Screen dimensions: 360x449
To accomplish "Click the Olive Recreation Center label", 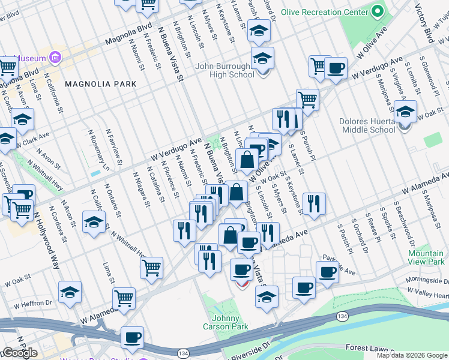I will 325,11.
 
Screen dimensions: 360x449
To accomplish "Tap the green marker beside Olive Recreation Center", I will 377,11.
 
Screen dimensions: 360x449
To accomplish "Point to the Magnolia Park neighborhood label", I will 101,84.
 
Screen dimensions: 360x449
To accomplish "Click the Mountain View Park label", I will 426,257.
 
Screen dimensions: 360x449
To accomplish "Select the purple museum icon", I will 56,58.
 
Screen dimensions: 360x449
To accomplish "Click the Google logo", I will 19,353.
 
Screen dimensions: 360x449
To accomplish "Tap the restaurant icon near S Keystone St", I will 313,204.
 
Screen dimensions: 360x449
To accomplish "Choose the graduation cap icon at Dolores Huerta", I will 406,113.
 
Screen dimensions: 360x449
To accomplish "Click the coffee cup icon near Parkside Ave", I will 327,273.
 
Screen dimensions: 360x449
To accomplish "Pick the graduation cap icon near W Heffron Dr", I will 70,292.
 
